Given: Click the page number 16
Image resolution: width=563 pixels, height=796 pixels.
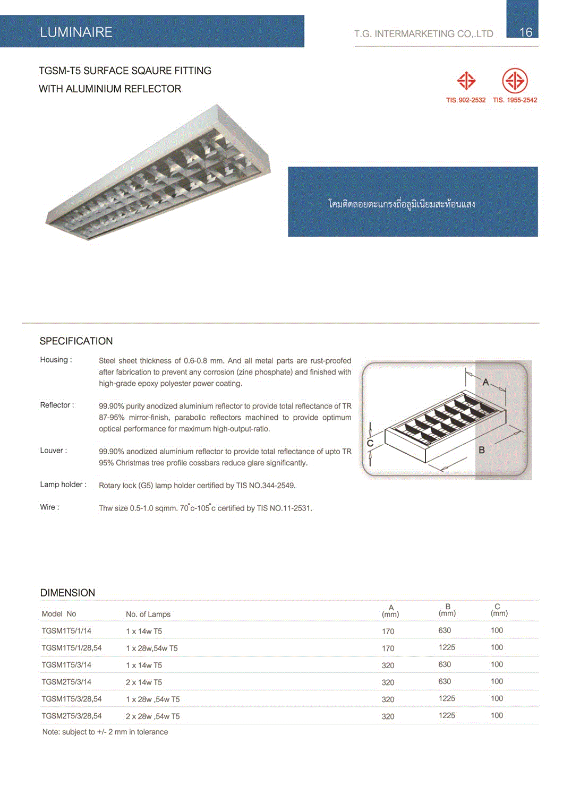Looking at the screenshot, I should click(525, 32).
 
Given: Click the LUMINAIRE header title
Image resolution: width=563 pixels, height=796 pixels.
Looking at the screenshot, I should click(76, 32).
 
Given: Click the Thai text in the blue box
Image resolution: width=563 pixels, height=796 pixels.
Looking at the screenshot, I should click(402, 204).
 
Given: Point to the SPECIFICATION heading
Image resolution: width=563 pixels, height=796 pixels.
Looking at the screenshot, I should click(76, 341).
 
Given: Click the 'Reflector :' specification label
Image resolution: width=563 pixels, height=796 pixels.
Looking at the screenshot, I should click(57, 405).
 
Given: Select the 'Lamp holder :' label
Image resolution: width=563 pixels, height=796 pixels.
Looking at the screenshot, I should click(63, 484).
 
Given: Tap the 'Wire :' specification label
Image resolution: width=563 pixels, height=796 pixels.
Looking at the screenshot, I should click(49, 507).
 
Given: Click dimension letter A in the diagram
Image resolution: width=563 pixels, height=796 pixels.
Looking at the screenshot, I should click(485, 382).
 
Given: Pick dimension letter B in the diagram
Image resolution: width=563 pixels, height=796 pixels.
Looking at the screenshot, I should click(482, 450).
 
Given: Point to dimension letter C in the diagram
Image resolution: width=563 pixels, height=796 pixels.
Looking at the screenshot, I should click(370, 443).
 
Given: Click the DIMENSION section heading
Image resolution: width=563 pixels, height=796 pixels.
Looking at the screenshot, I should click(67, 593).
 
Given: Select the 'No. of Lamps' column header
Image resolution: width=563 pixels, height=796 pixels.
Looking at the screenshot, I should click(148, 615).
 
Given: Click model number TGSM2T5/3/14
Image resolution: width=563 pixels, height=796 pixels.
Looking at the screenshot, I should click(66, 682).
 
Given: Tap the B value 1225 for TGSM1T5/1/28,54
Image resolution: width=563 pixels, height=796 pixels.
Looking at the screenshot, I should click(447, 647).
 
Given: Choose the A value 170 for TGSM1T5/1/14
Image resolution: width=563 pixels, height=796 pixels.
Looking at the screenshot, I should click(388, 631).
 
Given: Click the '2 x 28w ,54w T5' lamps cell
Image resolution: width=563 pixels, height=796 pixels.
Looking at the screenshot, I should click(152, 716).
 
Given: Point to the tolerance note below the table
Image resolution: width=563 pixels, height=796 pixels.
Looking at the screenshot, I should click(105, 732).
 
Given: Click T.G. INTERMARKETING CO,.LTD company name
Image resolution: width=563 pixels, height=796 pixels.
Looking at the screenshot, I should click(423, 34).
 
